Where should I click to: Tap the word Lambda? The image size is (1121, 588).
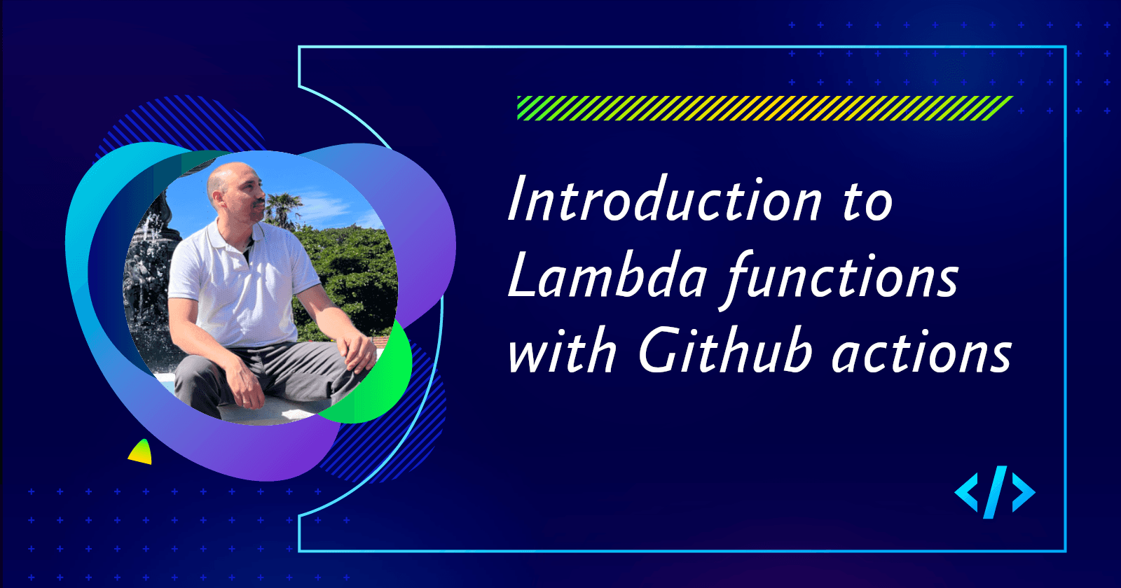tap(607, 277)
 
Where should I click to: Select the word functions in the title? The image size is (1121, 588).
tap(841, 279)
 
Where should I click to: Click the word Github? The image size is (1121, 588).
tap(725, 351)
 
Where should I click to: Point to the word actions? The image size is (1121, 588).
tap(921, 353)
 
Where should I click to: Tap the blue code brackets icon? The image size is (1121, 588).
tap(994, 492)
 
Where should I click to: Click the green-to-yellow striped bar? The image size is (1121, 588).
tap(764, 108)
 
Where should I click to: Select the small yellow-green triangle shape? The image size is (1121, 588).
tap(141, 453)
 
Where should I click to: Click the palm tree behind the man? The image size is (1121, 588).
tap(283, 207)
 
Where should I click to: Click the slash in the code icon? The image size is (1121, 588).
tap(994, 492)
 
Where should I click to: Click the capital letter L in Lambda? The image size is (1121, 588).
tap(522, 277)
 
